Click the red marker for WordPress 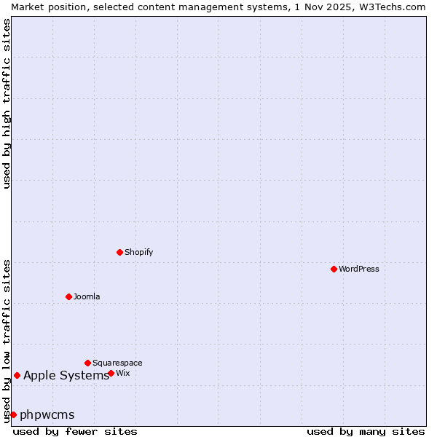334,269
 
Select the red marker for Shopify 119,252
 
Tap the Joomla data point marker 68,296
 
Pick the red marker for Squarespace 87,363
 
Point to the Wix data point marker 111,373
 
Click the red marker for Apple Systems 17,375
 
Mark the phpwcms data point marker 13,414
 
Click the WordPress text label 359,269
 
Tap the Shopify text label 138,252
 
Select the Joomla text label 87,296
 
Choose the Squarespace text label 117,363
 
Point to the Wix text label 123,373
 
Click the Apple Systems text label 66,376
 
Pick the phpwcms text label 47,415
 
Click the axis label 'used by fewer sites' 75,431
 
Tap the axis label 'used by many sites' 366,431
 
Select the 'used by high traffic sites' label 7,103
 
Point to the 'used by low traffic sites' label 7,340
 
